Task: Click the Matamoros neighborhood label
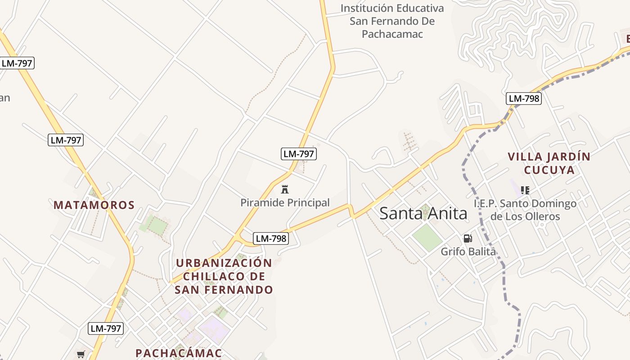point(94,205)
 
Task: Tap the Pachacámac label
point(179,353)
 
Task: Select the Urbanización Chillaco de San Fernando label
point(224,276)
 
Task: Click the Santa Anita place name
point(423,213)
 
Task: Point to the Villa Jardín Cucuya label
point(549,163)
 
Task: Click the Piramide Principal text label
point(285,203)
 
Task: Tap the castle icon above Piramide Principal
point(284,189)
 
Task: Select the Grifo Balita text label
point(468,252)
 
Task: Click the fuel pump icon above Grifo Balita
point(468,238)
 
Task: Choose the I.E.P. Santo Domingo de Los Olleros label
point(525,210)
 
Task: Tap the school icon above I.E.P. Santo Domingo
point(525,190)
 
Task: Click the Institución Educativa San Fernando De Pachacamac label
point(392,21)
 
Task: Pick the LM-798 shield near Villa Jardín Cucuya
point(523,99)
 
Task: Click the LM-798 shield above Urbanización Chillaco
point(270,238)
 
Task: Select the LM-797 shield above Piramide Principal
point(299,154)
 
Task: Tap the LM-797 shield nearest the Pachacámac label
point(106,328)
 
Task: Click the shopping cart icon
point(81,354)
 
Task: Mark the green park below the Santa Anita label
point(427,237)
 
